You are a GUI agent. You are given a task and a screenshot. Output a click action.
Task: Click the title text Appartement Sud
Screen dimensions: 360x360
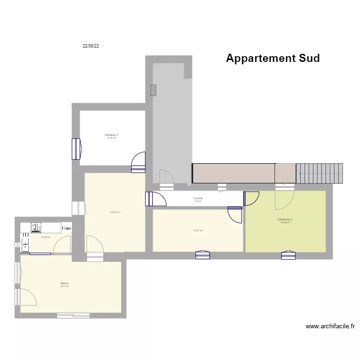click(273, 58)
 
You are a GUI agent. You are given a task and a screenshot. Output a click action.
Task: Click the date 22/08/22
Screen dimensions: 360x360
click(91, 46)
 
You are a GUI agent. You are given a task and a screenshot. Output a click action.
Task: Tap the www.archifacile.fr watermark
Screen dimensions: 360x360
click(330, 326)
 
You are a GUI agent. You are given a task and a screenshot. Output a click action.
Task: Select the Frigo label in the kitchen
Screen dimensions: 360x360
click(67, 228)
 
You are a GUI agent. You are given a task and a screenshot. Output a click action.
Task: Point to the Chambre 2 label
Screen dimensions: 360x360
click(285, 220)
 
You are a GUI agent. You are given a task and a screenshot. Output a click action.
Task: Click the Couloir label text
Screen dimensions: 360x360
click(198, 198)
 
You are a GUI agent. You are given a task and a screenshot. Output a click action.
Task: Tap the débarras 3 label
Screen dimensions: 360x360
click(111, 135)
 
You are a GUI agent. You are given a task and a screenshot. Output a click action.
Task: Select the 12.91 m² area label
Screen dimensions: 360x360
click(198, 230)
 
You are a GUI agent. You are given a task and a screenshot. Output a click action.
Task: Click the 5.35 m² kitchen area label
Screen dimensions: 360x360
click(46, 237)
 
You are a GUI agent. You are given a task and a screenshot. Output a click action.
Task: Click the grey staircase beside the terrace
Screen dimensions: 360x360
click(320, 173)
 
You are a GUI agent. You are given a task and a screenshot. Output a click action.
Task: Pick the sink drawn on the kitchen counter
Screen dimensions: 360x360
click(36, 227)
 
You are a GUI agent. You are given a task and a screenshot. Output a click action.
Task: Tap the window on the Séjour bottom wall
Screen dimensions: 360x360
click(73, 315)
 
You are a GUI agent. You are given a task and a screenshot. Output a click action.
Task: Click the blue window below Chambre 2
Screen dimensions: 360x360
click(288, 255)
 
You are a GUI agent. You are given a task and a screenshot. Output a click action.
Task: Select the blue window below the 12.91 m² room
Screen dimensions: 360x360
click(203, 255)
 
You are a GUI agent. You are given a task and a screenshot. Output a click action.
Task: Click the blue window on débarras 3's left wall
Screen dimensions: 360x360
click(75, 149)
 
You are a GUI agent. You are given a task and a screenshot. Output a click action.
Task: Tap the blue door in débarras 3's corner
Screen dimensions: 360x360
click(138, 162)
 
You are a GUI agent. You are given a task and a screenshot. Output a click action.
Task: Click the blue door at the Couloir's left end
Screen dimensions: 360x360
click(153, 199)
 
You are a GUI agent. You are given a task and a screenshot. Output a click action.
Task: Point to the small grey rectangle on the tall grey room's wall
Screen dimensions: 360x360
click(153, 90)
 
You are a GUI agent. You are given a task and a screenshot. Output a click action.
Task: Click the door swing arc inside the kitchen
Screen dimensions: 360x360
click(61, 245)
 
